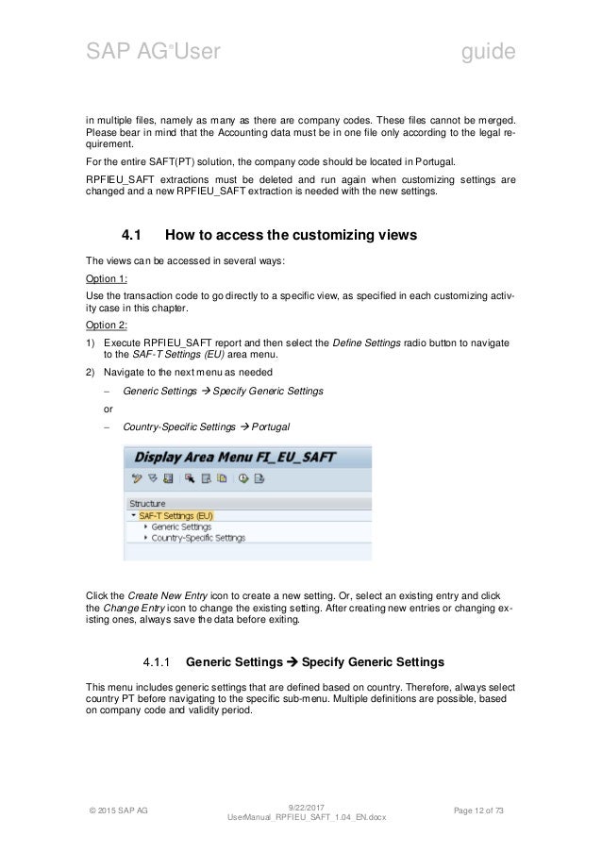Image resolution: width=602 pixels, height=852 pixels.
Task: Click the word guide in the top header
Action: click(487, 52)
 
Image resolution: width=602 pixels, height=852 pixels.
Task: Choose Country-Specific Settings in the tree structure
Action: click(198, 537)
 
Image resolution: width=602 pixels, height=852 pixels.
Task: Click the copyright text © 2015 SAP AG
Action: click(122, 809)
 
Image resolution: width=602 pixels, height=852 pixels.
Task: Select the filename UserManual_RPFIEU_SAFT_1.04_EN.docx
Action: click(301, 817)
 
